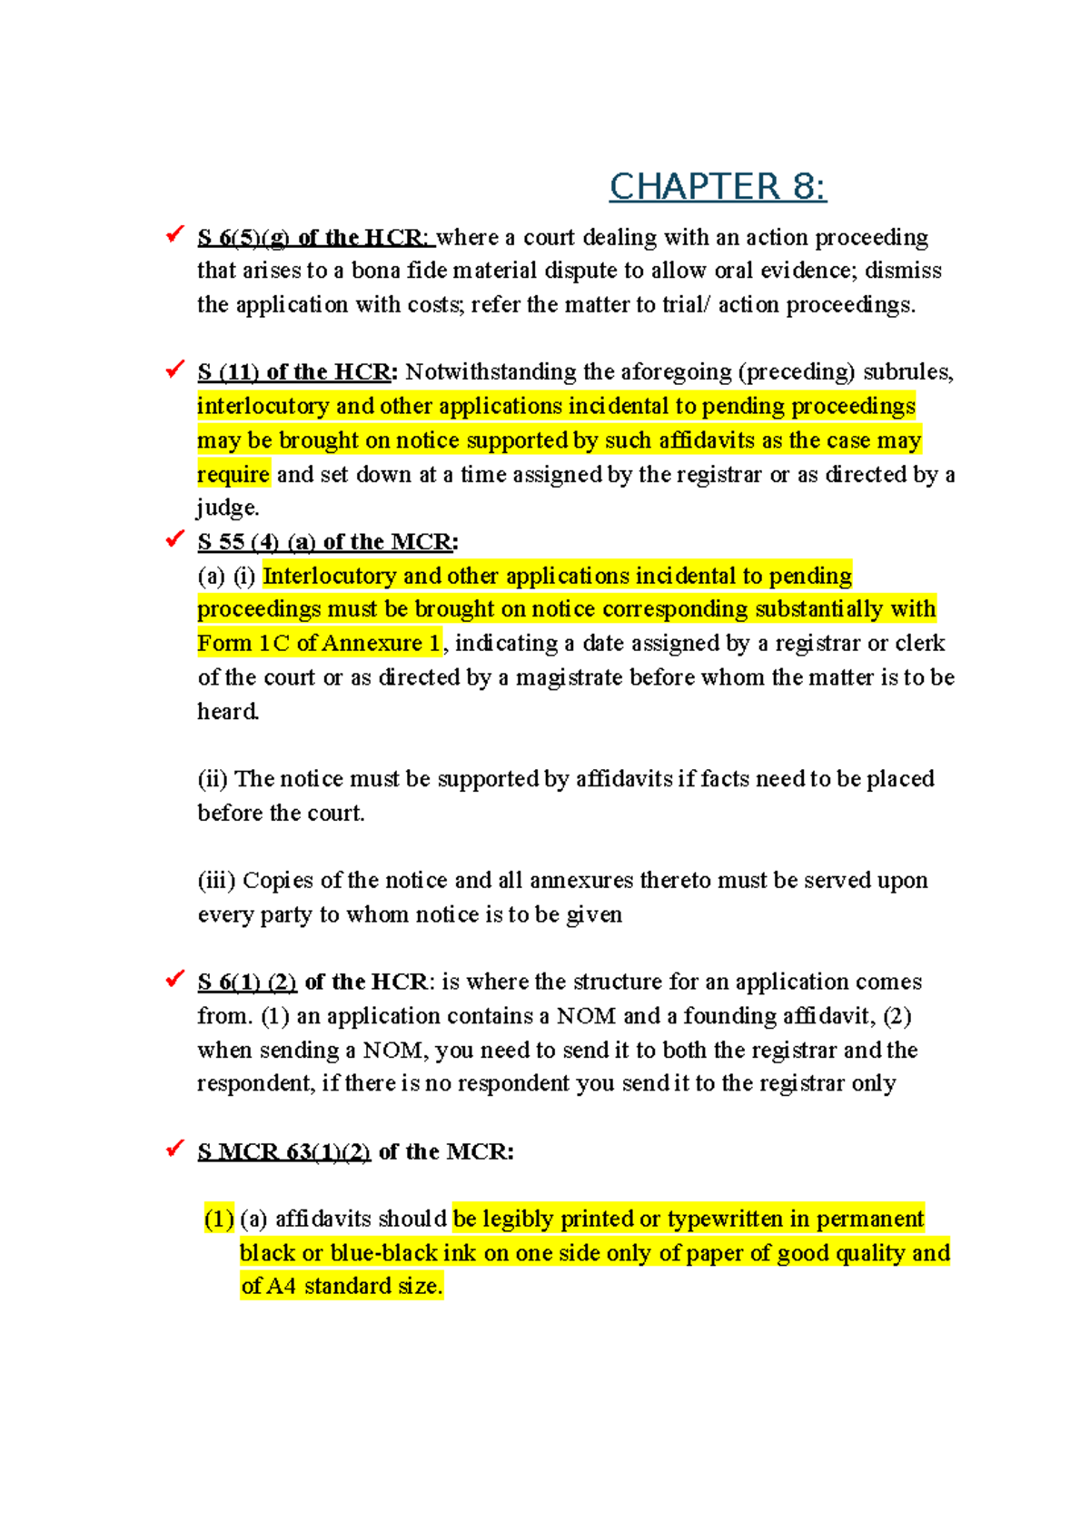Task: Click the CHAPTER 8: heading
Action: pyautogui.click(x=717, y=187)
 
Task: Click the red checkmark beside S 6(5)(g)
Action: pyautogui.click(x=174, y=235)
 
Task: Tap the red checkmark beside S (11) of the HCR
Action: pyautogui.click(x=174, y=370)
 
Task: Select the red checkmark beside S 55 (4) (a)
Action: pyautogui.click(x=174, y=539)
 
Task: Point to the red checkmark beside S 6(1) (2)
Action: pyautogui.click(x=174, y=979)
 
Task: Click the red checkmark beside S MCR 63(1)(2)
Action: pyautogui.click(x=174, y=1149)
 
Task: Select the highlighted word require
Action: pyautogui.click(x=233, y=475)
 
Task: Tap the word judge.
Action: pyautogui.click(x=227, y=508)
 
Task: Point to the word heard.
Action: pyautogui.click(x=227, y=712)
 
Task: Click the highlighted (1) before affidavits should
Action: pyautogui.click(x=219, y=1219)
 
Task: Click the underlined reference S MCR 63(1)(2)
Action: pyautogui.click(x=283, y=1152)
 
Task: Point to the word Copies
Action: pyautogui.click(x=278, y=881)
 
